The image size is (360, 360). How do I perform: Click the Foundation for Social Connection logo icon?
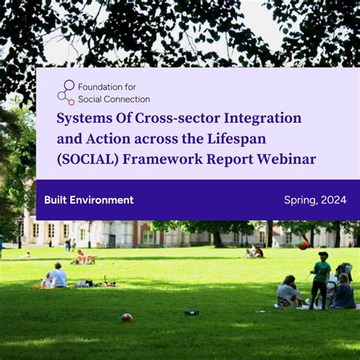[66, 92]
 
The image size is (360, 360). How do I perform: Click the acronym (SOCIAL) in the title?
[88, 159]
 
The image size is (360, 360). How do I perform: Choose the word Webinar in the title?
[286, 159]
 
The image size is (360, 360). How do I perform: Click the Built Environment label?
[89, 200]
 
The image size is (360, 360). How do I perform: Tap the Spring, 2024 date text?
[315, 200]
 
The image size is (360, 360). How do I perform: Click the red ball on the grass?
[127, 317]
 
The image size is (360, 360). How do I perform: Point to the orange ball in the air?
[303, 245]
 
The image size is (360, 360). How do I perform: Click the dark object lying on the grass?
[191, 312]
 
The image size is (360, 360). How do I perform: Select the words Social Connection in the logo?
[114, 99]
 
